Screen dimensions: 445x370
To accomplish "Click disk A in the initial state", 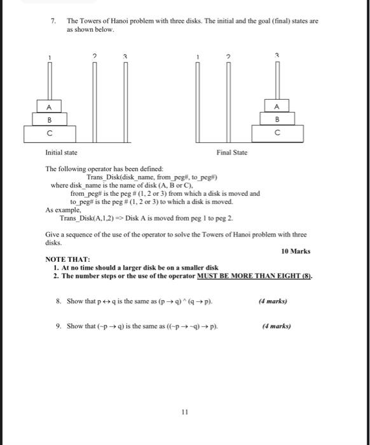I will coord(48,106).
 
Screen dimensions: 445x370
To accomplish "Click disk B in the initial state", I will coord(48,119).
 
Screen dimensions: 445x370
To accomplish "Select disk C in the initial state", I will coord(48,134).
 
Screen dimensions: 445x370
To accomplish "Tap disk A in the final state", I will coord(276,106).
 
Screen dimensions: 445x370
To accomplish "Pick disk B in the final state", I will coord(276,119).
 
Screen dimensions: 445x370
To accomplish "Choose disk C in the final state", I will coord(276,134).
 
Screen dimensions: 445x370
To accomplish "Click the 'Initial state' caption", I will coord(61,153).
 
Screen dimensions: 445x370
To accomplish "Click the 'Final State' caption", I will coord(231,153).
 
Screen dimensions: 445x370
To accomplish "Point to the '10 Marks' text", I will coord(296,251).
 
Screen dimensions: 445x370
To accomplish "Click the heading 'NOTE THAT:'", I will coord(67,260).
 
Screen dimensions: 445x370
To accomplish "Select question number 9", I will coord(58,326).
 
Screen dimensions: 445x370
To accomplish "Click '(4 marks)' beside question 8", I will coord(273,301).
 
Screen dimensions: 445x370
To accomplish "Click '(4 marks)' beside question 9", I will coord(277,326).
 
